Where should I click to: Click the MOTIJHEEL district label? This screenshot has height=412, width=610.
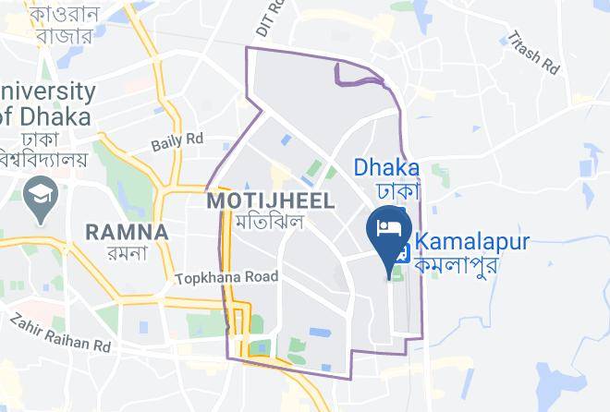tap(269, 200)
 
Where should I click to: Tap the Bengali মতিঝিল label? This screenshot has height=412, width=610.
tap(269, 223)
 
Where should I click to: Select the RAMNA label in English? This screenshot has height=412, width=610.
tap(127, 232)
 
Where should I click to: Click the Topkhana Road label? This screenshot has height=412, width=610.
tap(226, 276)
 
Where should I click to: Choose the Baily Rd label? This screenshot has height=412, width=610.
tap(177, 140)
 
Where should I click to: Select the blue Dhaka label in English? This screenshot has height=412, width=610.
tap(387, 167)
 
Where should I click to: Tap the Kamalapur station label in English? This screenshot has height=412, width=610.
tap(471, 242)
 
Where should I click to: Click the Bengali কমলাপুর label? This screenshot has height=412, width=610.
tap(457, 264)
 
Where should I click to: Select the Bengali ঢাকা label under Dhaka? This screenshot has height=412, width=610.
tap(398, 190)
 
